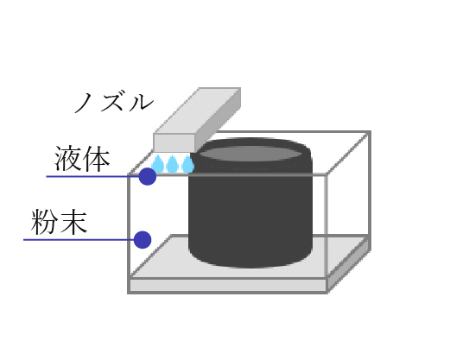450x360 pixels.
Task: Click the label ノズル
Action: coord(114,102)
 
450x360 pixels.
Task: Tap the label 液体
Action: coord(82,159)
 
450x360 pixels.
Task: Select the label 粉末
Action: coord(59,222)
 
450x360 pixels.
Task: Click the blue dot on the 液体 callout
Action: coord(148,176)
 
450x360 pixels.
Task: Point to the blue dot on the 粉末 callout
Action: coord(143,240)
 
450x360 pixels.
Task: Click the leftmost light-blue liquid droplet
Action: coord(158,164)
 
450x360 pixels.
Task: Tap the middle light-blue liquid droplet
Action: coord(172,164)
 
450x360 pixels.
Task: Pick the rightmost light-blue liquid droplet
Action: coord(187,164)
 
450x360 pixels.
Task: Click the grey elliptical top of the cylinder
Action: coord(250,154)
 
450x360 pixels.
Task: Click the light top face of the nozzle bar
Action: coord(197,111)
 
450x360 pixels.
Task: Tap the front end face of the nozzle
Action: coord(174,143)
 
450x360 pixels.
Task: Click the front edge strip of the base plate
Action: coord(227,285)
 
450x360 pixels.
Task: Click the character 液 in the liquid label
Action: coord(67,159)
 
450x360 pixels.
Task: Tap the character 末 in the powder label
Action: coord(74,222)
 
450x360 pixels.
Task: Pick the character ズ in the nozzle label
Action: coord(114,101)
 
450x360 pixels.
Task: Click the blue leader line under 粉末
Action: coord(79,240)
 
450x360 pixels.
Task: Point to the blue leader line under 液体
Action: coord(93,176)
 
